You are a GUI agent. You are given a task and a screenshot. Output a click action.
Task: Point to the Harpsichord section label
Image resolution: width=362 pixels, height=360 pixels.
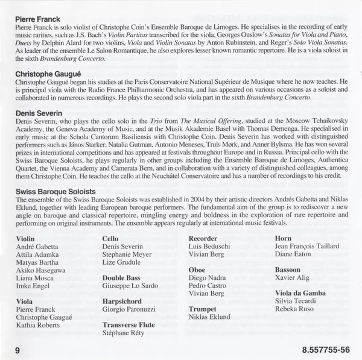click(x=122, y=301)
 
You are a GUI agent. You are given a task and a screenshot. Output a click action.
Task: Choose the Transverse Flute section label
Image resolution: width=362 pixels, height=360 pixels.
click(x=130, y=324)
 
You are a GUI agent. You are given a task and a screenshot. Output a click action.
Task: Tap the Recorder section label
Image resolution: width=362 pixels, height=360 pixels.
click(x=204, y=239)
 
